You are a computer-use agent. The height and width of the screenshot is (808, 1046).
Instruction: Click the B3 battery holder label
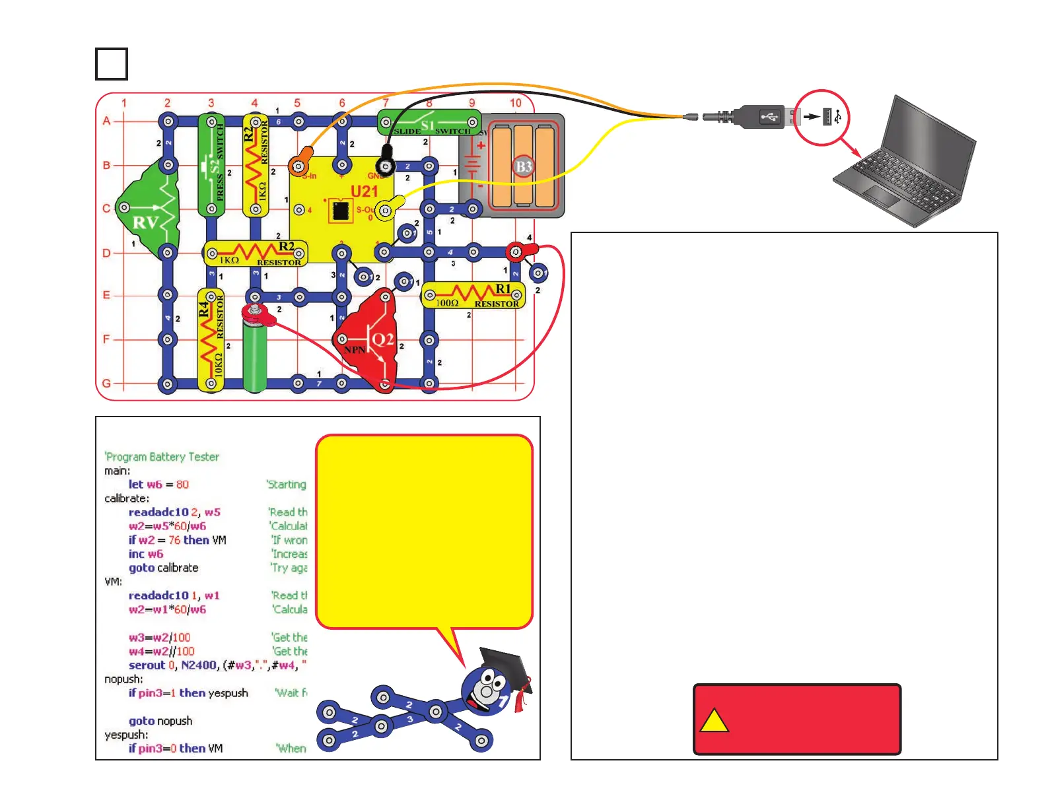pos(523,166)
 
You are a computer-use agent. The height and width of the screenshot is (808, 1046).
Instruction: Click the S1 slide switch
pos(429,123)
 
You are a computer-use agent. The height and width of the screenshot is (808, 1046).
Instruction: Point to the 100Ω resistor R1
pos(473,295)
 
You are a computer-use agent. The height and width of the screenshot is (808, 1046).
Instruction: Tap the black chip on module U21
pos(341,211)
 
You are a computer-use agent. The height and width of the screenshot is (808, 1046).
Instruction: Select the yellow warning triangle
pos(713,721)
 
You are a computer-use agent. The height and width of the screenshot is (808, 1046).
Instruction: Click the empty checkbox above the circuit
pos(112,64)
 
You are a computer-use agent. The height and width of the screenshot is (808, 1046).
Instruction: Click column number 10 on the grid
pos(515,103)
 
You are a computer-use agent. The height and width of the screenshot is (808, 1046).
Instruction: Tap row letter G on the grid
pos(106,383)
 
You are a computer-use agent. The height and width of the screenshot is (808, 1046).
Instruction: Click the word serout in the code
pos(147,665)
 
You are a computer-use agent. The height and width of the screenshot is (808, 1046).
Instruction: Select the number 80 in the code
pos(182,485)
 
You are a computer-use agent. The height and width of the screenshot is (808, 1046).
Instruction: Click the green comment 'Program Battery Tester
pos(162,457)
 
